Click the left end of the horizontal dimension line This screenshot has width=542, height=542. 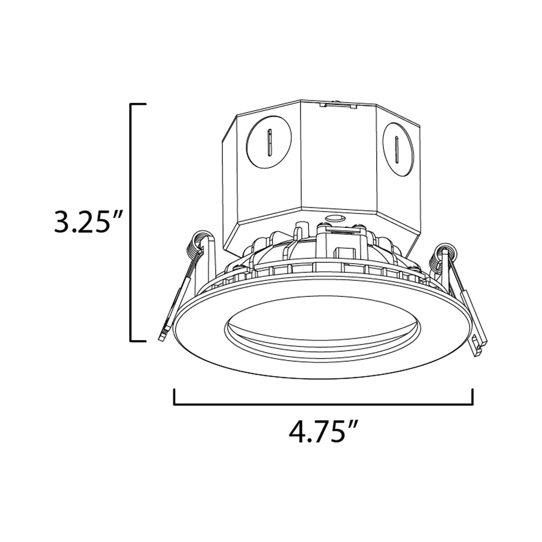point(174,397)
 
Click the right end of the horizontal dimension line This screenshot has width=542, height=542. point(472,397)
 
